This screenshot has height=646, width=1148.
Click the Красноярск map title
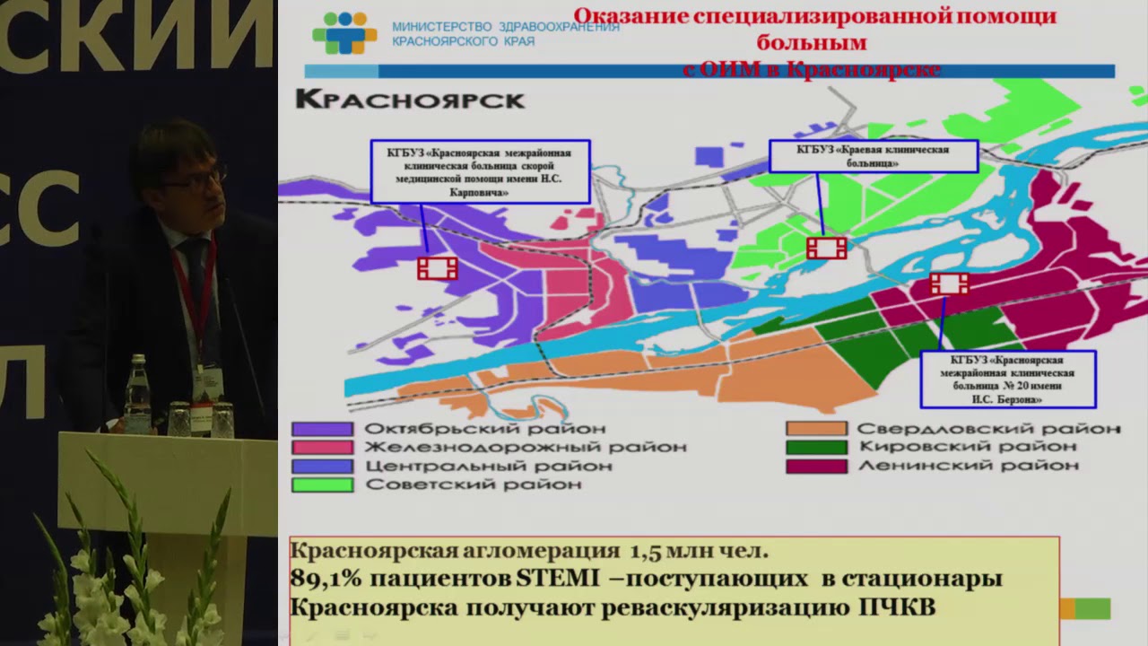pos(410,100)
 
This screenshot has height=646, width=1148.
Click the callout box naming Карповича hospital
pos(480,171)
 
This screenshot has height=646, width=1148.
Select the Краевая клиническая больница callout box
pos(873,156)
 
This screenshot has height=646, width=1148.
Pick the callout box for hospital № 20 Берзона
pos(1008,380)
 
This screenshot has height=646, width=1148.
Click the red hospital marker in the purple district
pos(438,267)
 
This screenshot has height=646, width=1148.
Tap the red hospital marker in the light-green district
pos(826,248)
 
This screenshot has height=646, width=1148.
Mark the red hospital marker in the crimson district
pos(949,284)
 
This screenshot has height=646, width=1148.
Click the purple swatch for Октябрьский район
pos(322,430)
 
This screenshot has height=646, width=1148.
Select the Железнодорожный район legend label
pos(525,447)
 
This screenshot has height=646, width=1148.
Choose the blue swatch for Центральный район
pos(322,467)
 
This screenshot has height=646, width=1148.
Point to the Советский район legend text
pos(473,484)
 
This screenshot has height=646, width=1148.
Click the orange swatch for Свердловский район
pos(815,429)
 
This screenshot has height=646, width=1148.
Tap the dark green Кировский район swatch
pos(815,447)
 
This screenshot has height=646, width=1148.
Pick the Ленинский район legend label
pos(968,466)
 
